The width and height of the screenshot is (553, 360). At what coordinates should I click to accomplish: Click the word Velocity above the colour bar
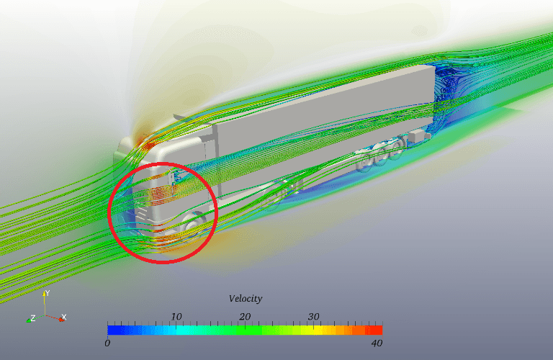coord(246,299)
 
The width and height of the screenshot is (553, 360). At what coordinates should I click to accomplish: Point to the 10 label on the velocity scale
coord(176,317)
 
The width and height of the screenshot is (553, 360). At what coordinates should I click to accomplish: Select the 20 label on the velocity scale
coord(245,317)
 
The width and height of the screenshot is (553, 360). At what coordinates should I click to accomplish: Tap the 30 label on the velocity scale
coord(313,317)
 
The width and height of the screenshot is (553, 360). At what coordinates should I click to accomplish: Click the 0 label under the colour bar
coord(107,343)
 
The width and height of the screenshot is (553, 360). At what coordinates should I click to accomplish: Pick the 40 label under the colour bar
coord(377,343)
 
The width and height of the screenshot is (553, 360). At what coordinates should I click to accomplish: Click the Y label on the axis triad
coord(48,293)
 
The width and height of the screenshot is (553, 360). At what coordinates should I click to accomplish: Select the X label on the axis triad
coord(64,317)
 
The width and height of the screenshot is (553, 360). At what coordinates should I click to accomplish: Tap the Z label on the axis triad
coord(33,318)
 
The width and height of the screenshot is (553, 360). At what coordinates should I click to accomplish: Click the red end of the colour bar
coord(377,330)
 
